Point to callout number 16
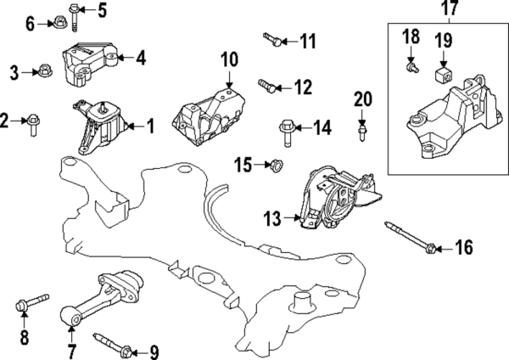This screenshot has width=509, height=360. [x=462, y=248]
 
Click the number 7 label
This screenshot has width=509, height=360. [x=71, y=350]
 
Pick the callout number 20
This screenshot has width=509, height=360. [x=363, y=100]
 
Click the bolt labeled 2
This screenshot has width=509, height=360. [x=32, y=123]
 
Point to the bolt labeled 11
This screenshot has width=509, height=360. [x=271, y=38]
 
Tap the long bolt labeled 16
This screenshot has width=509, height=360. [x=411, y=237]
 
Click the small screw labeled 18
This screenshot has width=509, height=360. [x=411, y=64]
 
